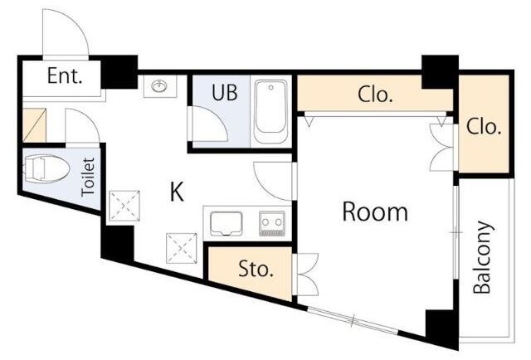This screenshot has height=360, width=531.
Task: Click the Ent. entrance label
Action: click(65, 75)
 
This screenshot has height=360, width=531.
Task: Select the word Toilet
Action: click(88, 177)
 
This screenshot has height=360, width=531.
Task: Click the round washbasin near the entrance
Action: click(160, 86)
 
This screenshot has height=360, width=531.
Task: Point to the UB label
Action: click(224, 92)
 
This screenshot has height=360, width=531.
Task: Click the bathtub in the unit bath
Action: click(271, 111)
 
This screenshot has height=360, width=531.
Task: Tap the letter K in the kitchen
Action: click(177, 192)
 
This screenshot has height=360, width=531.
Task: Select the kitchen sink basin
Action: click(226, 223)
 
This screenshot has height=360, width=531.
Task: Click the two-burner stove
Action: click(272, 223)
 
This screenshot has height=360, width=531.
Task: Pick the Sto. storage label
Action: click(256, 269)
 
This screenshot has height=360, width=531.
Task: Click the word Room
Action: click(375, 212)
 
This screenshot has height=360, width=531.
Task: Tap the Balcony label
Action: click(482, 257)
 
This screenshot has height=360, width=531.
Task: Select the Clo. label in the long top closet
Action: click(375, 95)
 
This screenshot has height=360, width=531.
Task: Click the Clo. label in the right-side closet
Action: click(484, 127)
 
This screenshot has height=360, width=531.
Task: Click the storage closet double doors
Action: click(308, 275)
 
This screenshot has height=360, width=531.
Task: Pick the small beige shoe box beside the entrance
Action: click(34, 125)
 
